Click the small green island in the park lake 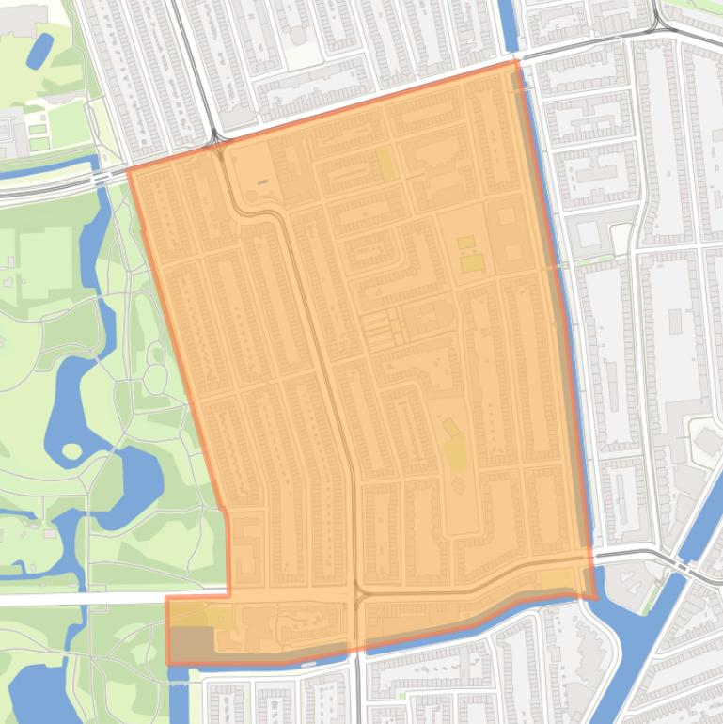(x=71, y=449)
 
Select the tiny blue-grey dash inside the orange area (x=261, y=181)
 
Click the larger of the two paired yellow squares (x=471, y=261)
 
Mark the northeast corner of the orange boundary (x=515, y=62)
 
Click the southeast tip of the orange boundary (x=596, y=597)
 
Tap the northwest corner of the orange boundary (x=129, y=170)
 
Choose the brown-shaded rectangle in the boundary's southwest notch (x=190, y=644)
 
